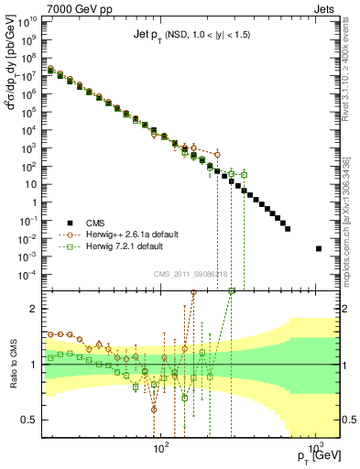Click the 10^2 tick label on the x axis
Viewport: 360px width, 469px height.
(x=161, y=449)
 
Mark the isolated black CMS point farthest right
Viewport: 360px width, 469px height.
(x=318, y=248)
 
